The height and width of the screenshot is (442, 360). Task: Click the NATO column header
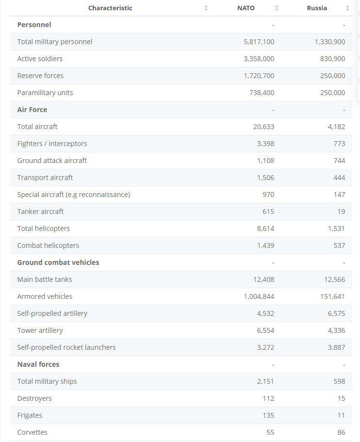[246, 8]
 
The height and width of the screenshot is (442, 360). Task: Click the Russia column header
[317, 8]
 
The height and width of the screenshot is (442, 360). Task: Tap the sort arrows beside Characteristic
[206, 8]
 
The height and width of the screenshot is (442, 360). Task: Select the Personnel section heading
[34, 25]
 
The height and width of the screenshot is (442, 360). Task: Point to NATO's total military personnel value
[259, 42]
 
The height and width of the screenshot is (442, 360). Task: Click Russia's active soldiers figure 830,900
[332, 59]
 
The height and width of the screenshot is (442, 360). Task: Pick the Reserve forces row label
[40, 76]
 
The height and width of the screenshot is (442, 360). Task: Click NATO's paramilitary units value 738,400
[262, 93]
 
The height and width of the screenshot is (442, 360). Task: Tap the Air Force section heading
[32, 110]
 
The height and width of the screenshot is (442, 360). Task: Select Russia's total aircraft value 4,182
[336, 127]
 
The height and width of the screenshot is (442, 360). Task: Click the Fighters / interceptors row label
[52, 144]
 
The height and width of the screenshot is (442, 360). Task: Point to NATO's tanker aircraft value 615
[268, 212]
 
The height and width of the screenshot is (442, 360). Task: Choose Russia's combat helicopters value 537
[339, 246]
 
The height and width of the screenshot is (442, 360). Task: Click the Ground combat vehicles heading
[58, 262]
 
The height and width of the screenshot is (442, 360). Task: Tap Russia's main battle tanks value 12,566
[334, 279]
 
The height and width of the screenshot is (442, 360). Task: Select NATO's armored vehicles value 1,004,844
[259, 296]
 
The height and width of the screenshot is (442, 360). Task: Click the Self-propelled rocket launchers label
[66, 347]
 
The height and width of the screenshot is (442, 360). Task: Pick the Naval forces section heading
[38, 364]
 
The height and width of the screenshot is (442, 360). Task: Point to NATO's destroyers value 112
[268, 398]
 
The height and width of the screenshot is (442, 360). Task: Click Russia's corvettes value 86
[341, 432]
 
